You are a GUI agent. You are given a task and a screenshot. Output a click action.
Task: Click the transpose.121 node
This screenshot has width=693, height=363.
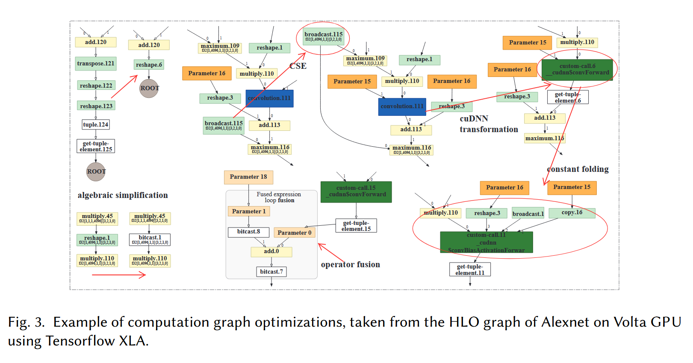(x=96, y=64)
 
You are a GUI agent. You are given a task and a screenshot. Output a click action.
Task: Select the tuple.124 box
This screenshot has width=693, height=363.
(x=96, y=124)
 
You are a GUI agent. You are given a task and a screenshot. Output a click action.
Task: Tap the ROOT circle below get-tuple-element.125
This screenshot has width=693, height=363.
(x=96, y=171)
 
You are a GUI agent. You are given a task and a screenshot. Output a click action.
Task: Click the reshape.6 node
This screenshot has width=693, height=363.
(x=149, y=65)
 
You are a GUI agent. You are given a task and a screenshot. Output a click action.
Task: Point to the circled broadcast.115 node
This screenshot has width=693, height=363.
(x=323, y=36)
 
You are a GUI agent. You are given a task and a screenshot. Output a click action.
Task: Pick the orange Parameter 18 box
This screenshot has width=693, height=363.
(x=248, y=177)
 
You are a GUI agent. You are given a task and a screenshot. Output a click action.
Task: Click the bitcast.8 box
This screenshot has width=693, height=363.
(x=248, y=232)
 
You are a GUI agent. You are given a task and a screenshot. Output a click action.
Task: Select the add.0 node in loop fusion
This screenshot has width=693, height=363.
(x=271, y=251)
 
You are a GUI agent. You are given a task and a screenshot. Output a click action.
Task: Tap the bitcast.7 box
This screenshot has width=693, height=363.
(x=271, y=272)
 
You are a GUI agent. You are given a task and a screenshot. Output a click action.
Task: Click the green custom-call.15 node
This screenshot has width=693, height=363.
(x=356, y=192)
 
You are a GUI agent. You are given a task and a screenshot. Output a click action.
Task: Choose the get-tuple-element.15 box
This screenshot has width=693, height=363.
(x=356, y=226)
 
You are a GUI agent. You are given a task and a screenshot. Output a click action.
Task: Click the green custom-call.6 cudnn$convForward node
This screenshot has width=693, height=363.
(x=577, y=70)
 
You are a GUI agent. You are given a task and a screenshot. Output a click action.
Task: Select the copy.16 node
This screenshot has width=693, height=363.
(x=572, y=212)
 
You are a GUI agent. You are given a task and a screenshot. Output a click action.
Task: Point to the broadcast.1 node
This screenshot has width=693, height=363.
(x=528, y=214)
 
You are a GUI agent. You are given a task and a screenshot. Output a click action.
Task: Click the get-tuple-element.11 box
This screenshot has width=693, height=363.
(x=470, y=269)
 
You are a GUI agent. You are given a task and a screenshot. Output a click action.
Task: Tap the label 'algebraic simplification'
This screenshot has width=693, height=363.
(x=123, y=195)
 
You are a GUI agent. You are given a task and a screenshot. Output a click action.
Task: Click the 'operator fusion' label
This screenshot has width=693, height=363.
(x=351, y=265)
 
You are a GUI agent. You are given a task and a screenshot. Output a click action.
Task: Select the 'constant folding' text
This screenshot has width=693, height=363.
(x=578, y=169)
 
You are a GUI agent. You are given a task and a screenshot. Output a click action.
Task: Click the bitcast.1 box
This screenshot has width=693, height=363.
(x=150, y=239)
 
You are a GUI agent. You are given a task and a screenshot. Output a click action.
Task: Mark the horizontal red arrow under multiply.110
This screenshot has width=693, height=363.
(x=119, y=275)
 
